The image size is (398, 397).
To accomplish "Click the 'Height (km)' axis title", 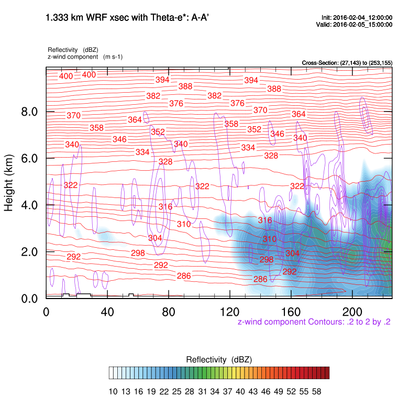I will (9, 182).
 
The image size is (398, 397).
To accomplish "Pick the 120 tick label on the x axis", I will (229, 311).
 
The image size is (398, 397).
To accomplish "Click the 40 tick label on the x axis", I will (107, 311).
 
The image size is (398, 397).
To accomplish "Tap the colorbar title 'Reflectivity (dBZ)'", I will (219, 360).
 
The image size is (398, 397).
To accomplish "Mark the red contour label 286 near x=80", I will (184, 276).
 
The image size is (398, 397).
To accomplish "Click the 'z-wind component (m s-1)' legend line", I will (85, 57).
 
